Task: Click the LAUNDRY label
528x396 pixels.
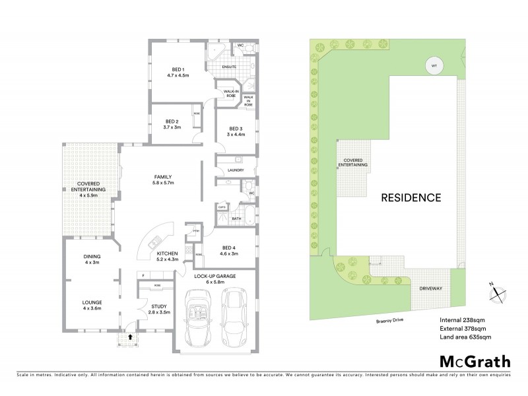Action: [236, 170]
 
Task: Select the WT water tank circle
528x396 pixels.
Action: [434, 66]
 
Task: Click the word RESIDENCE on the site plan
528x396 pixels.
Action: [411, 197]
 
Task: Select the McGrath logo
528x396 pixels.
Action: [474, 361]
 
